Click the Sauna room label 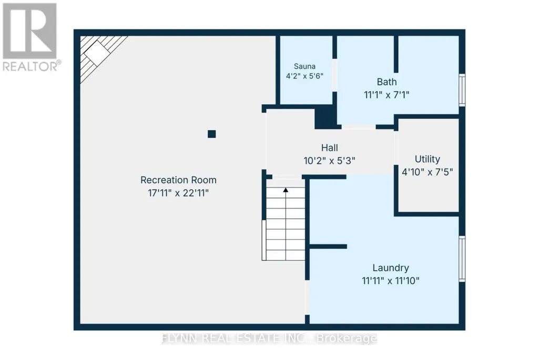click(304, 66)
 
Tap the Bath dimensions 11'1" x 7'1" click(387, 95)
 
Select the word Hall click(329, 148)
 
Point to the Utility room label click(428, 159)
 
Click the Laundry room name click(391, 268)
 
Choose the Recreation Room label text click(178, 180)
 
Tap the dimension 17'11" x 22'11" click(178, 193)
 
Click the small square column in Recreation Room click(212, 134)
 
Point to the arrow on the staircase click(286, 189)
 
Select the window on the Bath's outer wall click(462, 90)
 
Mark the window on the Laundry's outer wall click(462, 259)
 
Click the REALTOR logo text click(32, 66)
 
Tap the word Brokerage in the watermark click(347, 338)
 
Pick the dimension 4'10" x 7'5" click(428, 172)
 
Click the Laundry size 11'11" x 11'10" click(391, 281)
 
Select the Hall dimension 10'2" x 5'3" click(329, 161)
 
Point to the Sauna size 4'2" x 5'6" click(304, 76)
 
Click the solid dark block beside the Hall click(325, 117)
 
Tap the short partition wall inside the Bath click(396, 54)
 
